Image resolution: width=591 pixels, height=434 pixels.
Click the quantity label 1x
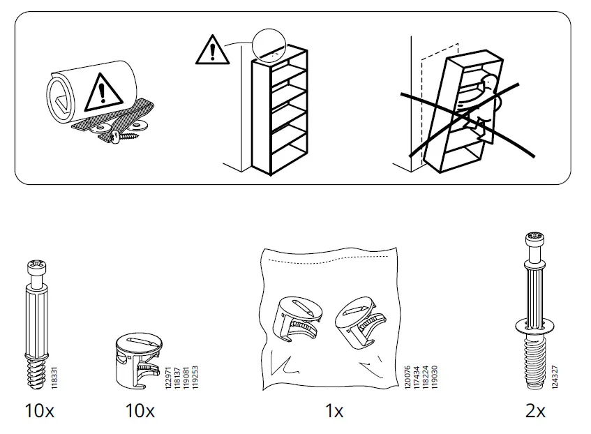(335, 412)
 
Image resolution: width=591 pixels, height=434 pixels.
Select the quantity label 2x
(535, 412)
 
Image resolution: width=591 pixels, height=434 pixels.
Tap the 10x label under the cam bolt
(39, 412)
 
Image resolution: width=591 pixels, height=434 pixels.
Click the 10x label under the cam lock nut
(140, 412)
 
